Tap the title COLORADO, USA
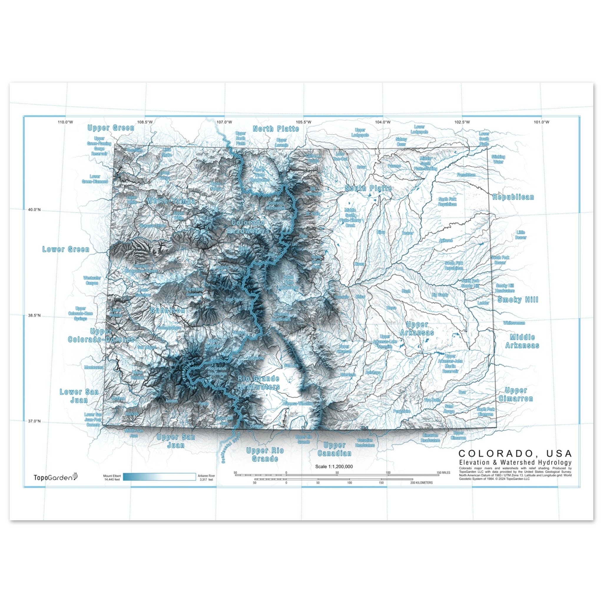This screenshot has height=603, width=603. click(515, 453)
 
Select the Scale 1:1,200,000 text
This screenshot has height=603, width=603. click(334, 467)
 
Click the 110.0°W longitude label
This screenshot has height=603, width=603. click(66, 122)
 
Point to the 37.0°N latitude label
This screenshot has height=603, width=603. click(34, 421)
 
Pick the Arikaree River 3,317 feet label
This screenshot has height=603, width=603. click(206, 478)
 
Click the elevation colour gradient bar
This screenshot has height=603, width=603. click(159, 477)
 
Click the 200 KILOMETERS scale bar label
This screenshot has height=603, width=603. click(421, 483)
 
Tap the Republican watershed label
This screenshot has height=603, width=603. click(513, 197)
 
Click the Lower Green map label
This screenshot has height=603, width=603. click(66, 249)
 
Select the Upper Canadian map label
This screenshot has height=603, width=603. click(334, 449)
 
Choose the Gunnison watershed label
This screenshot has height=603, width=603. click(168, 311)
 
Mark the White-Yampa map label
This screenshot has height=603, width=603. click(171, 201)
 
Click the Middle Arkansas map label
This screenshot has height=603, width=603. click(522, 341)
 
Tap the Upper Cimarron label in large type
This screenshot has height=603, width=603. click(516, 395)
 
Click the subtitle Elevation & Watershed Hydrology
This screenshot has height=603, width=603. click(515, 462)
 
